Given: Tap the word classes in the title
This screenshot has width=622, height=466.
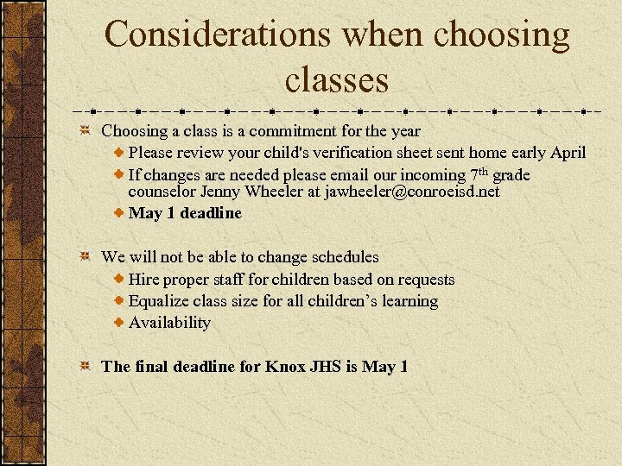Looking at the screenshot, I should (x=337, y=80).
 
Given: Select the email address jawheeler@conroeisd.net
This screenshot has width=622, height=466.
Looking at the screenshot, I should (x=412, y=192).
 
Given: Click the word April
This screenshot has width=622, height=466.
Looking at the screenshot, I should (x=568, y=153).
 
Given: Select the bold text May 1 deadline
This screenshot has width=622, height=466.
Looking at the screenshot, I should (x=185, y=212).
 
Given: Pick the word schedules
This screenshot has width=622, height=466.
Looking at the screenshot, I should (x=343, y=257).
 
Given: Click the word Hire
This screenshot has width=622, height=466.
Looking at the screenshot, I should (x=143, y=280).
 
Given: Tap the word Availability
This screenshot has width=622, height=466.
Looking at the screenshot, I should (x=169, y=323).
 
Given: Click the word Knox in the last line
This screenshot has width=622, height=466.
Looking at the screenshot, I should (x=285, y=367).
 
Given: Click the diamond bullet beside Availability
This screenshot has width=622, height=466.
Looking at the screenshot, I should (x=119, y=323).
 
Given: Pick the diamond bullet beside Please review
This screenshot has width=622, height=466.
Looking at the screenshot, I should (x=119, y=153).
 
